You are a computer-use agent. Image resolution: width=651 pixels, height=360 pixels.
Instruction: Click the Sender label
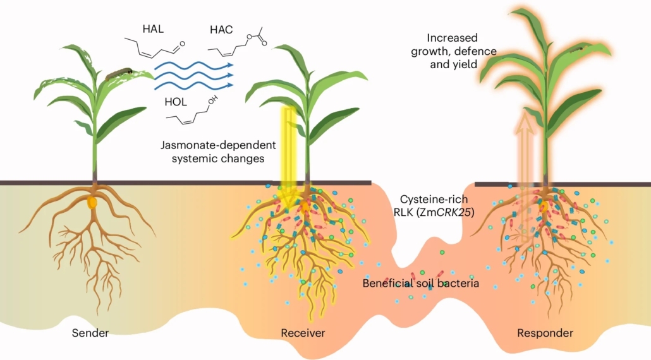coord(90,333)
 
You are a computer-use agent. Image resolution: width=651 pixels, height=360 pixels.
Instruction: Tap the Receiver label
coord(303,333)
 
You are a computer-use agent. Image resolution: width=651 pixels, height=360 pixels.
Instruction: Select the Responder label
coord(545,333)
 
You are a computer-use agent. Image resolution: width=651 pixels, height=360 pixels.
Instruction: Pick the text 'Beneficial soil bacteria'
coord(420,283)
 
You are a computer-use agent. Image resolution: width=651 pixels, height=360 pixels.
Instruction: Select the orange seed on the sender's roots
coord(92,203)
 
